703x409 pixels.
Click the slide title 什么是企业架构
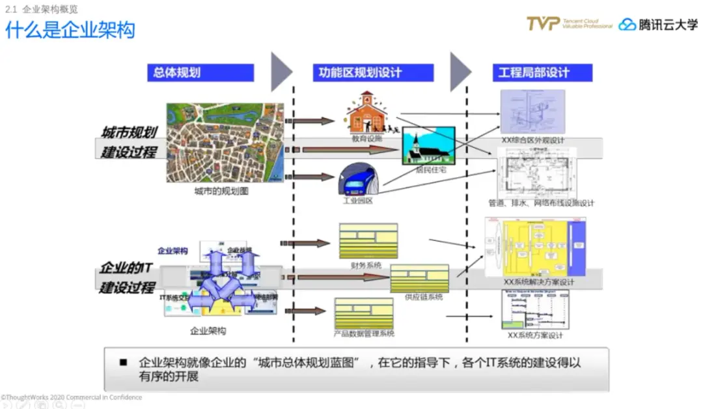coord(70,29)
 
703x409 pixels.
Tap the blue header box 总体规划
coord(200,72)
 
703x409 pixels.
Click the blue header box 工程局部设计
coord(542,72)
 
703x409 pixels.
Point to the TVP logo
coord(544,24)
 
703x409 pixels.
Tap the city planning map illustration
coord(225,143)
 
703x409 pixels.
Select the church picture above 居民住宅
coord(428,145)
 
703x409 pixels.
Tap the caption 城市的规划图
coord(221,191)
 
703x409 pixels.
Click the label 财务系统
coord(365,265)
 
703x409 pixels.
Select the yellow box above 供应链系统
coord(419,278)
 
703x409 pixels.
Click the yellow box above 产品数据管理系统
coord(364,313)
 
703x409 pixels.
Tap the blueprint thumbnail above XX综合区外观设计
coord(532,111)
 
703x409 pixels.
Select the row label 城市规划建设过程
coord(129,143)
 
